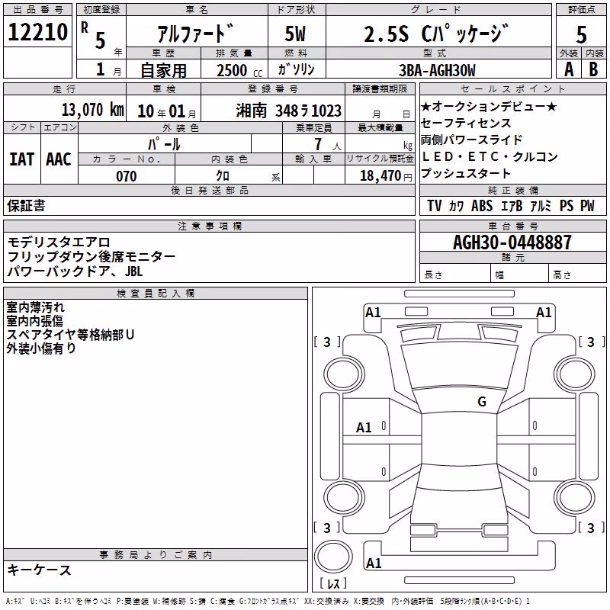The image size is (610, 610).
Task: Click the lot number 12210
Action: tap(37, 32)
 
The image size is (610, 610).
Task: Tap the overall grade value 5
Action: tap(581, 34)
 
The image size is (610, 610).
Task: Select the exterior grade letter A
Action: tap(569, 69)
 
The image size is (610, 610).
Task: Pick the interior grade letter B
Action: tap(594, 69)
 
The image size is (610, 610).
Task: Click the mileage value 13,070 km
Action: tap(93, 110)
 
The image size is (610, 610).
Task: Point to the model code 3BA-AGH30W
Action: tap(437, 70)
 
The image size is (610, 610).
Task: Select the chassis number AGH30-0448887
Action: tap(512, 242)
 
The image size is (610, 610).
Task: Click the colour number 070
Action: tap(127, 176)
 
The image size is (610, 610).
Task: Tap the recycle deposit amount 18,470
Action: tap(380, 176)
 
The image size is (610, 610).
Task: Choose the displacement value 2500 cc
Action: tap(239, 70)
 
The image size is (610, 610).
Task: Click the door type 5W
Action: tap(295, 34)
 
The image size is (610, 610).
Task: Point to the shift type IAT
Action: tap(22, 159)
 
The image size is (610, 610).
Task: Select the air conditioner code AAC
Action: tap(59, 159)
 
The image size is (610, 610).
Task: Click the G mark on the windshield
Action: tap(482, 402)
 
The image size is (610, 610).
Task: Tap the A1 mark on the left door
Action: tap(364, 428)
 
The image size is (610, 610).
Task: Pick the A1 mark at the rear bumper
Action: tap(374, 563)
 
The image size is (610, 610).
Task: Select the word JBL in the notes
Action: tap(134, 271)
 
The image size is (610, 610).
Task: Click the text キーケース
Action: tap(40, 570)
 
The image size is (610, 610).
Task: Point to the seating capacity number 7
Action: tap(318, 144)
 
